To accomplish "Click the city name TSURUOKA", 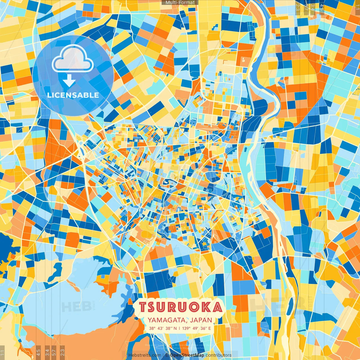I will pyautogui.click(x=181, y=307).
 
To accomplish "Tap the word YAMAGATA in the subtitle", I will pyautogui.click(x=166, y=320).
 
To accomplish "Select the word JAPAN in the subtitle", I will pyautogui.click(x=201, y=320).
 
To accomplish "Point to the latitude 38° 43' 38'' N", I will pyautogui.click(x=163, y=328).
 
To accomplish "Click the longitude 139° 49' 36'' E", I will pyautogui.click(x=196, y=328).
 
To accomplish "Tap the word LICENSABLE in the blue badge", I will pyautogui.click(x=73, y=95).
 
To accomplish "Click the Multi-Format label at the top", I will pyautogui.click(x=180, y=3).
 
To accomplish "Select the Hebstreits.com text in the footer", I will pyautogui.click(x=145, y=355).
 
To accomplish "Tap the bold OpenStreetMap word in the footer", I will pyautogui.click(x=187, y=355).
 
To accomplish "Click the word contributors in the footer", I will pyautogui.click(x=219, y=355).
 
